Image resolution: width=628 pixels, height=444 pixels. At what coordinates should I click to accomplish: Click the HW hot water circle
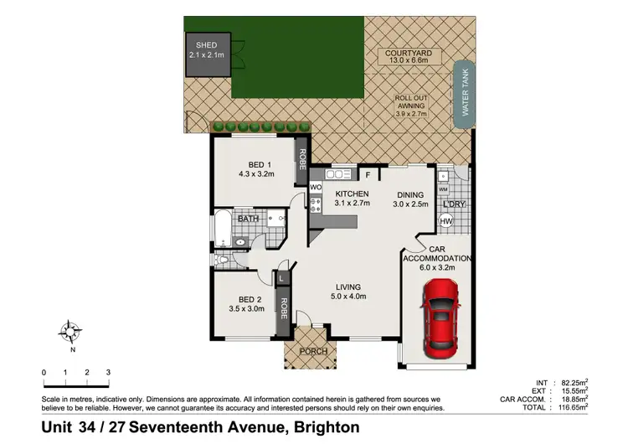click(446, 220)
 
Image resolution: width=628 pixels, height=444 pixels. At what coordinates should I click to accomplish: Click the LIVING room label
click(345, 287)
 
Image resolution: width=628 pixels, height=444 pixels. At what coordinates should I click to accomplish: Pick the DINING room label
click(412, 194)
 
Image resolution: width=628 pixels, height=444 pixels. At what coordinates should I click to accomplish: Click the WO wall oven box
click(316, 187)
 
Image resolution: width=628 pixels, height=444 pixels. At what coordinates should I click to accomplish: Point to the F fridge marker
click(368, 175)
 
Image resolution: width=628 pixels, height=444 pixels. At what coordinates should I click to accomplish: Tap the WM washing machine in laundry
click(442, 189)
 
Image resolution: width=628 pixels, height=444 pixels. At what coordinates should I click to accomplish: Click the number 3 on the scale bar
click(108, 372)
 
